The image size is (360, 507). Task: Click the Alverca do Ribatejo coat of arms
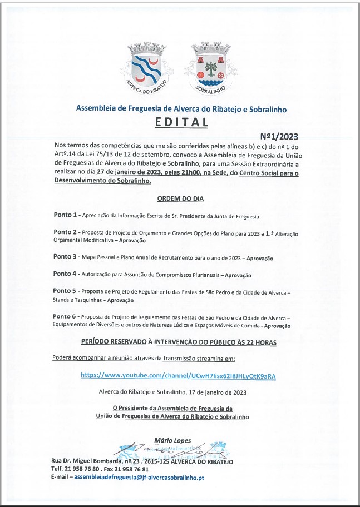point(147,66)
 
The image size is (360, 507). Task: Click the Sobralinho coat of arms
point(210,66)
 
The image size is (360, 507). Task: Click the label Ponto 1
point(65,215)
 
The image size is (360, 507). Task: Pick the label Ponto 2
point(65,232)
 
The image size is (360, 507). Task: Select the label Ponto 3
point(65,257)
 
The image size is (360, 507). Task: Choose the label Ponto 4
point(65,274)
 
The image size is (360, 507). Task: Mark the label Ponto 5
point(65,291)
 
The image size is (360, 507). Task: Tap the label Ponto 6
point(65,316)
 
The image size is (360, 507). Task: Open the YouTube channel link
point(178,376)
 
